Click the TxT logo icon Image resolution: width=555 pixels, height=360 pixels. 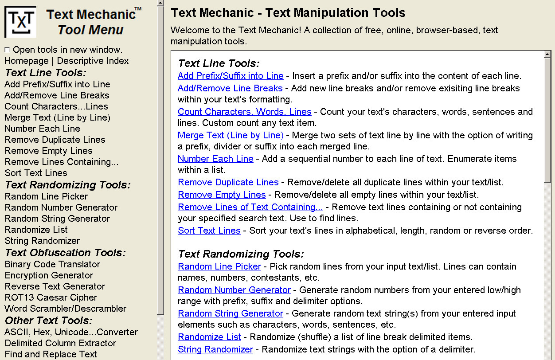coord(21,21)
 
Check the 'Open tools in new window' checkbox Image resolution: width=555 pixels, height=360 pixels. coord(7,50)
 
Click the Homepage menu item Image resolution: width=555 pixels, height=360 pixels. coord(26,61)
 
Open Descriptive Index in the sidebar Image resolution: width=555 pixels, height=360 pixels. coord(93,61)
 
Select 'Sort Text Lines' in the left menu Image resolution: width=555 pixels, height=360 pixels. coord(36,173)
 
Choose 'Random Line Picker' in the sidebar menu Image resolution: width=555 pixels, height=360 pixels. coord(46,196)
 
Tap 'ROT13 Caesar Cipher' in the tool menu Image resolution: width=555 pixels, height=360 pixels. coord(51,297)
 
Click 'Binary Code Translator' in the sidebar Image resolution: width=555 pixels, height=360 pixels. coord(52,264)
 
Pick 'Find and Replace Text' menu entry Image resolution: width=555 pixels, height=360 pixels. coord(51,354)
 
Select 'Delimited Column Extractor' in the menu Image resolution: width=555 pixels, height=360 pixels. coord(60,343)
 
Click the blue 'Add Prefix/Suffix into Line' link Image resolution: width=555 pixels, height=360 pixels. coord(231,76)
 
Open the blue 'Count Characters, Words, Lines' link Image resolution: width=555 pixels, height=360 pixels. coord(244,112)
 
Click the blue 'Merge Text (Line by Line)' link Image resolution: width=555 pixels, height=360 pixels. coord(231,135)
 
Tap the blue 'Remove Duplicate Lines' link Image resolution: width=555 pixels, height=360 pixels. coord(228,182)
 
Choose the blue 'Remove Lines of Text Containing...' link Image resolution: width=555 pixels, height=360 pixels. coord(250,207)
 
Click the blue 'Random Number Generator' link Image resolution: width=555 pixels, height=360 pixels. coord(234,290)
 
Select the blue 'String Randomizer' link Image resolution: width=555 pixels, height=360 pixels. coord(215,349)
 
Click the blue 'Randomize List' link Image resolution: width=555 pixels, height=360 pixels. coord(209,337)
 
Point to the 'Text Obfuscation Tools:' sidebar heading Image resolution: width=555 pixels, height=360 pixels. coord(65,253)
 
